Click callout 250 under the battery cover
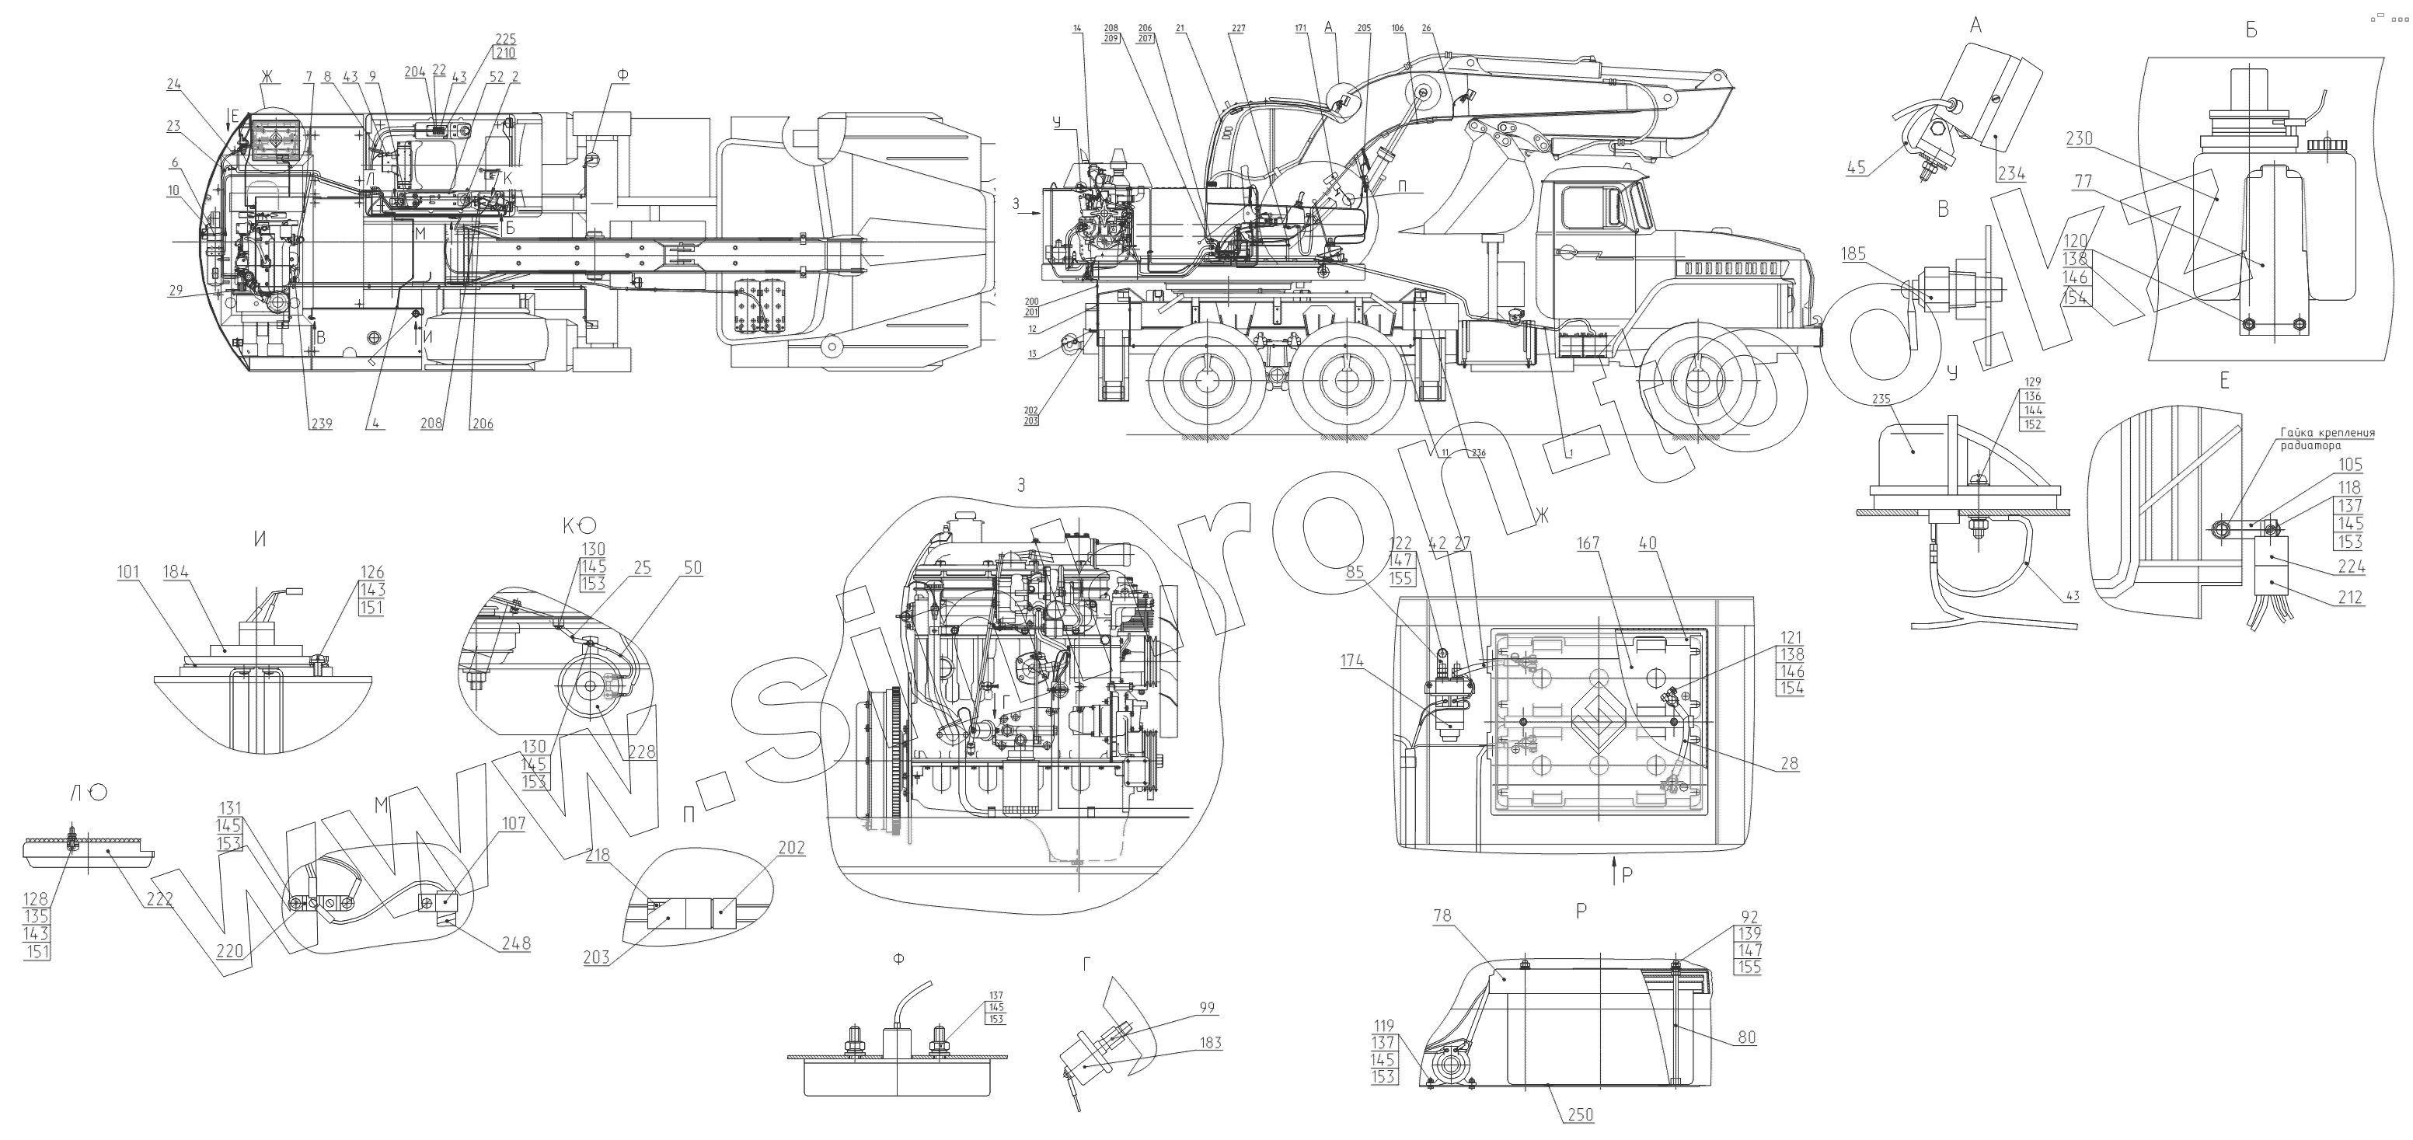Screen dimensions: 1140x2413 click(1579, 1114)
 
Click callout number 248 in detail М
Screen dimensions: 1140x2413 click(515, 943)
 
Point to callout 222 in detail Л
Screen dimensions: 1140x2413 click(160, 898)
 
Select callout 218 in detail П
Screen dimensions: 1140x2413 click(598, 856)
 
